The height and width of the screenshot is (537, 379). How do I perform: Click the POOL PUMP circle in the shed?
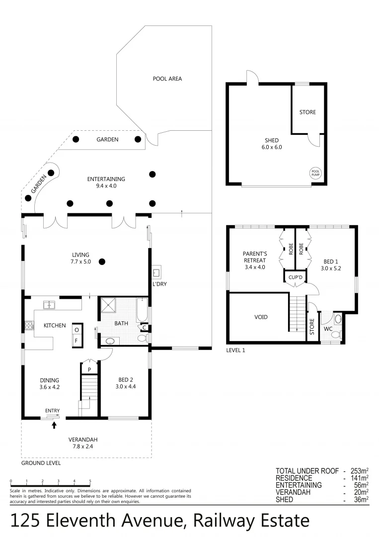(315, 173)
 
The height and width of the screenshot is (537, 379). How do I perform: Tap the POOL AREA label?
(167, 79)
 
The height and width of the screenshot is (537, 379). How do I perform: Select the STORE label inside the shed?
(307, 112)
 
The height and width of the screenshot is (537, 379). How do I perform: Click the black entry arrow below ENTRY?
(54, 425)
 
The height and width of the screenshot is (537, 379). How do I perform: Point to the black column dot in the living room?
(102, 262)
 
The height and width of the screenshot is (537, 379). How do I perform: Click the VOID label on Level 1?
(261, 317)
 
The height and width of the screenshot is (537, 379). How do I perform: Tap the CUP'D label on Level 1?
(295, 277)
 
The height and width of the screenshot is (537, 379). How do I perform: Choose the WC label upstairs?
(328, 329)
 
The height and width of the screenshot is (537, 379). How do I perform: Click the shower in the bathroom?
(108, 305)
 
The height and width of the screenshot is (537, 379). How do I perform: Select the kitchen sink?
(50, 304)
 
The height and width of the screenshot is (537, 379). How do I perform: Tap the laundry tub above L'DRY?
(156, 272)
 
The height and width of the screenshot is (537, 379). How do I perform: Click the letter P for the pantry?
(89, 370)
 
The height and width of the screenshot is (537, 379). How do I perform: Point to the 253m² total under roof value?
(360, 471)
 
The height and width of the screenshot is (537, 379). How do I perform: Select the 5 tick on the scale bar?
(90, 481)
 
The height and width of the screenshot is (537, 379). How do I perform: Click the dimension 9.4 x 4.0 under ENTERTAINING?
(106, 186)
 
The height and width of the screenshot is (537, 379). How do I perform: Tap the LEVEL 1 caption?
(235, 351)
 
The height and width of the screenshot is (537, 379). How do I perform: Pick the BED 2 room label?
(126, 380)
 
